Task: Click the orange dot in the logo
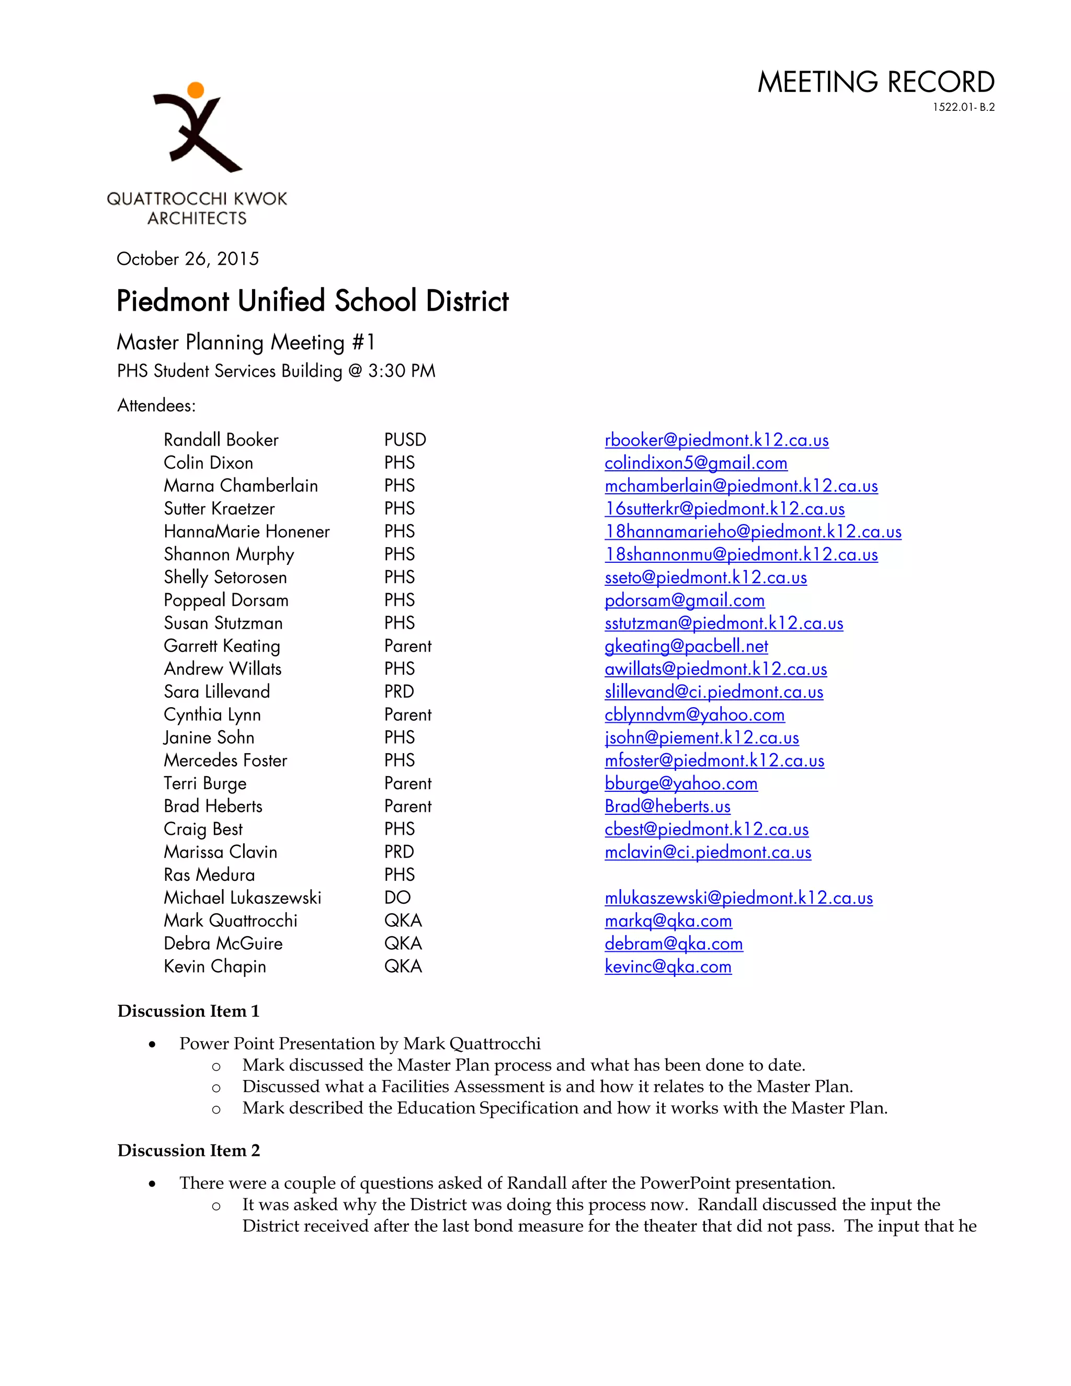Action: click(196, 90)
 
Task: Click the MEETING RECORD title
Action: click(875, 83)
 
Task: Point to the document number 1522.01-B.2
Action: click(963, 107)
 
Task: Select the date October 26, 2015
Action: click(188, 259)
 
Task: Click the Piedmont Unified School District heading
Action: click(312, 301)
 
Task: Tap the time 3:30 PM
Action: click(402, 371)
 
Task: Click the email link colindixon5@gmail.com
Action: click(696, 463)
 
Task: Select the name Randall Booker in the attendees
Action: click(221, 440)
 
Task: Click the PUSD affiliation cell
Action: click(405, 440)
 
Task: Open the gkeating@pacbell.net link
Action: click(686, 646)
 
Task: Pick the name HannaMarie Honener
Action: click(246, 532)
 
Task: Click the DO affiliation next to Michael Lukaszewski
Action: click(397, 898)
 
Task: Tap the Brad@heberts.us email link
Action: click(667, 806)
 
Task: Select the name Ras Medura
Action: click(209, 875)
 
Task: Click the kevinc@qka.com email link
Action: click(667, 967)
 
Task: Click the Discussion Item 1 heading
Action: click(188, 1011)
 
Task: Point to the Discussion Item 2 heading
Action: click(188, 1151)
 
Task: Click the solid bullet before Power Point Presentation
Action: click(152, 1044)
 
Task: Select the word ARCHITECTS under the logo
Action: click(197, 218)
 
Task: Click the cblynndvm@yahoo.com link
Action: click(694, 714)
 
